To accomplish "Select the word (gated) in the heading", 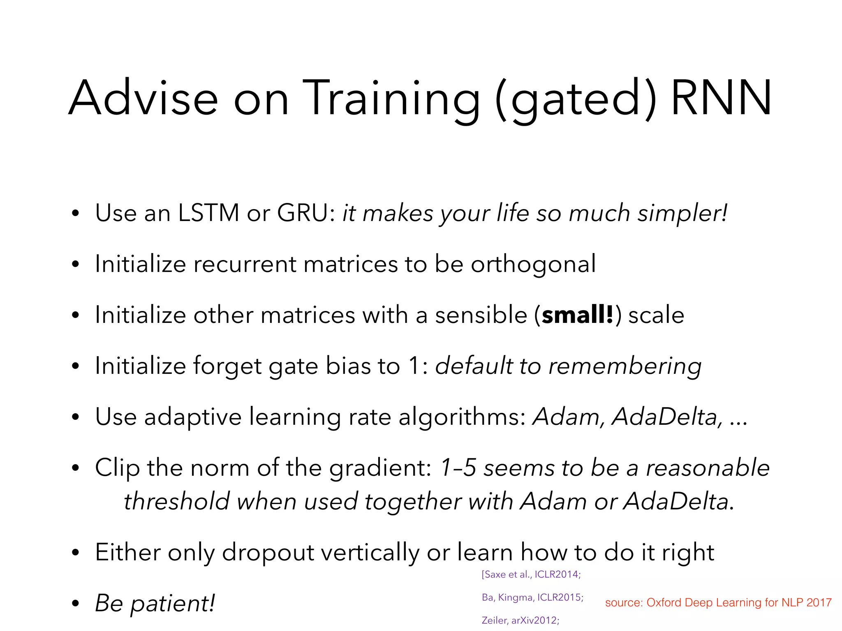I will pos(576,99).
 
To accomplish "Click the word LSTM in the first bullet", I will pos(208,213).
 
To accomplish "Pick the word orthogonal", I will pos(533,265).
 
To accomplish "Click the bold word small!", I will pos(578,315).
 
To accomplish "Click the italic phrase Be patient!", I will pos(155,603).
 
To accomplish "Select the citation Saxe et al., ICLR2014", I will pos(531,574).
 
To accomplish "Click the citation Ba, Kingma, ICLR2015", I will pos(532,597).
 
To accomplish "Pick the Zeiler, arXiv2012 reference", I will pos(520,620).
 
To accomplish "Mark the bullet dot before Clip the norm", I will pos(75,468).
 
